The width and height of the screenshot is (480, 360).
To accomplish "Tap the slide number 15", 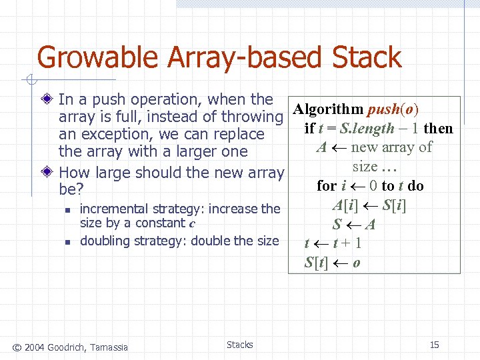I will point(434,345).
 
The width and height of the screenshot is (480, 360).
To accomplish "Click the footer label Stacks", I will point(239,345).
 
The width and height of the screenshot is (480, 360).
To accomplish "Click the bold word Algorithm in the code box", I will point(328,109).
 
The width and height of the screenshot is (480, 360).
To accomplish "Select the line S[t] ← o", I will point(333,262).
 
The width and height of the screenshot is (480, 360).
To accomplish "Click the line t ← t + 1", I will point(333,243).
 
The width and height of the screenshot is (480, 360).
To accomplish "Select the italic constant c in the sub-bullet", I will point(192,223).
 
